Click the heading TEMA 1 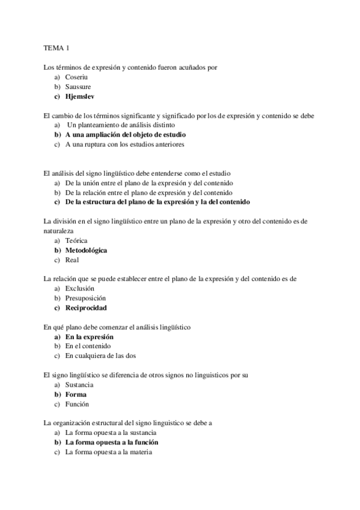point(56,47)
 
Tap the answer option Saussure point(78,87)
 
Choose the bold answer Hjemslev point(81,96)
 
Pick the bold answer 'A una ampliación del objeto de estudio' point(126,135)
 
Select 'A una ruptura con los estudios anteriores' point(124,144)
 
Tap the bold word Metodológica point(86,250)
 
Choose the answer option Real point(72,260)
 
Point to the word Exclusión point(81,289)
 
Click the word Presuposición point(85,298)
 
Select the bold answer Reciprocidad point(86,308)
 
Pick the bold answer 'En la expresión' point(90,337)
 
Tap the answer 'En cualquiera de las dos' point(102,356)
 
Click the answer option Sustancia point(80,385)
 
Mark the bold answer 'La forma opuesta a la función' point(112,442)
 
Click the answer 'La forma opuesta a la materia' point(109,452)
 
